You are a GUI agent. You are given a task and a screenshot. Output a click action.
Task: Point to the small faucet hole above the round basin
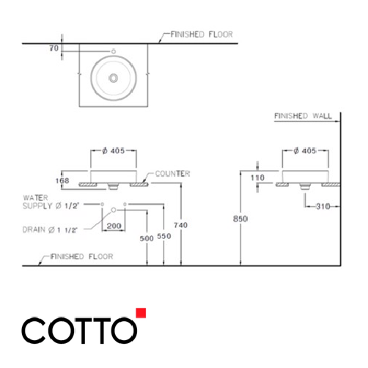[114, 51]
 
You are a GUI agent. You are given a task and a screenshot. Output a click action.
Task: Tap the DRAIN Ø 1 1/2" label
[50, 229]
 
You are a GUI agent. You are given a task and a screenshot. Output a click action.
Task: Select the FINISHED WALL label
[302, 116]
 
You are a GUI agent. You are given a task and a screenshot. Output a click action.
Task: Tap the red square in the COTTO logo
[141, 313]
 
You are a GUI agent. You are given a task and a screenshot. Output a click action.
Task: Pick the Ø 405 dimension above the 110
[303, 151]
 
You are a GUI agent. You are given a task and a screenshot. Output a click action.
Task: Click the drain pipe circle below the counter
[114, 210]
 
